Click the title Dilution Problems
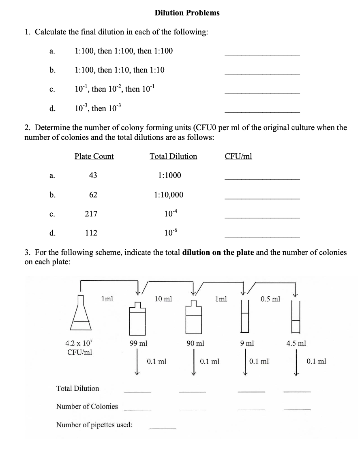187,13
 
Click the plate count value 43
93,175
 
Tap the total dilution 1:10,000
169,195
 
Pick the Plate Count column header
94,156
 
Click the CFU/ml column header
238,156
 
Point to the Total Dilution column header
173,156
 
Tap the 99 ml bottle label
138,343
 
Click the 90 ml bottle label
195,343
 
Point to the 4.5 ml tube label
296,343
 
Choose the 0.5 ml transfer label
270,299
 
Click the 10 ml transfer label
163,299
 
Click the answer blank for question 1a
262,54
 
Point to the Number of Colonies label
87,407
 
